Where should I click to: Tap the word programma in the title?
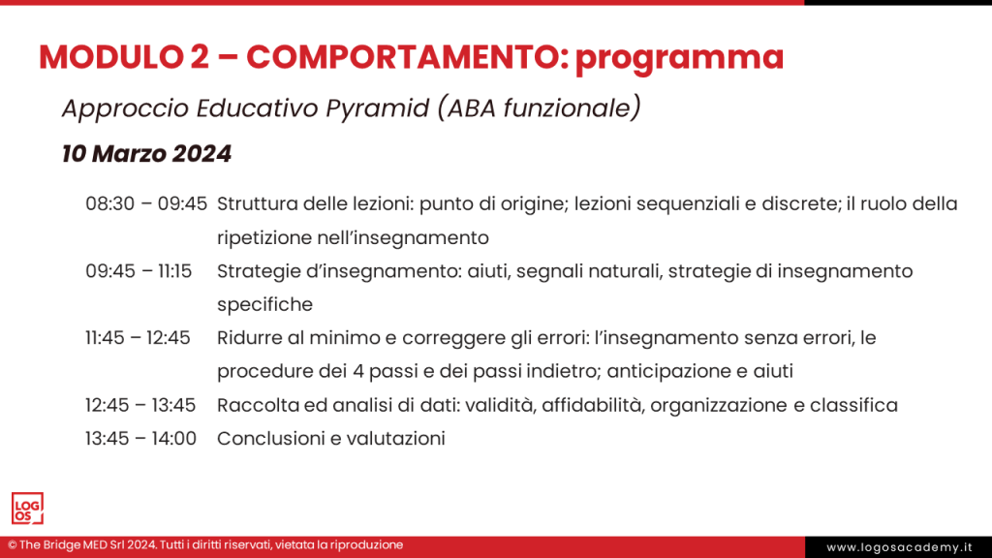(679, 59)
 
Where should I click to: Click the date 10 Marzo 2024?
(146, 153)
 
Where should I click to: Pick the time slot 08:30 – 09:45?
(146, 204)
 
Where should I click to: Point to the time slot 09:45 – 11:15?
(138, 271)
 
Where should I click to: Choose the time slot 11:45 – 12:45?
(138, 338)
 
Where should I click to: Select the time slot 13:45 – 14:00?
(140, 439)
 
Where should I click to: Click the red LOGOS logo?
(27, 508)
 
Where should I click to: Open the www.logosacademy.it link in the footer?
(897, 547)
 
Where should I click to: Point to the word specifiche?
(264, 305)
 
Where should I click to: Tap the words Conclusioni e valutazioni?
(330, 439)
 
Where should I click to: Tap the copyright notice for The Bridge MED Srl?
(205, 545)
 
